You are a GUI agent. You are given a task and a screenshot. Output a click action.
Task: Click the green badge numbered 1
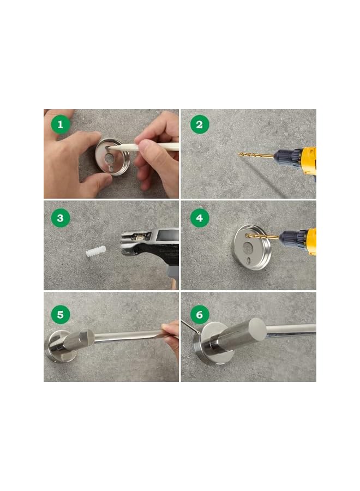(61, 124)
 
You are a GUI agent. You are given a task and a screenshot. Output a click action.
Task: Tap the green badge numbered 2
(200, 124)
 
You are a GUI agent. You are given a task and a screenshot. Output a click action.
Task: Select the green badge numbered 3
(61, 218)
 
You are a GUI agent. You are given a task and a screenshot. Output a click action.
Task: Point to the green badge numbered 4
(200, 218)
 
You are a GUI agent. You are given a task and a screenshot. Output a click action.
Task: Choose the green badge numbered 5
(61, 314)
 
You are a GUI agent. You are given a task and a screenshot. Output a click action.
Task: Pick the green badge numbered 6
(200, 314)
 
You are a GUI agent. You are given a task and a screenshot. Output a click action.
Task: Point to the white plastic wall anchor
(96, 251)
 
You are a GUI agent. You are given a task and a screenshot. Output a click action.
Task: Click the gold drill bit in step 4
(262, 236)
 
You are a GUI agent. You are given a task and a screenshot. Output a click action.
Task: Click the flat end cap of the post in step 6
(257, 328)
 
